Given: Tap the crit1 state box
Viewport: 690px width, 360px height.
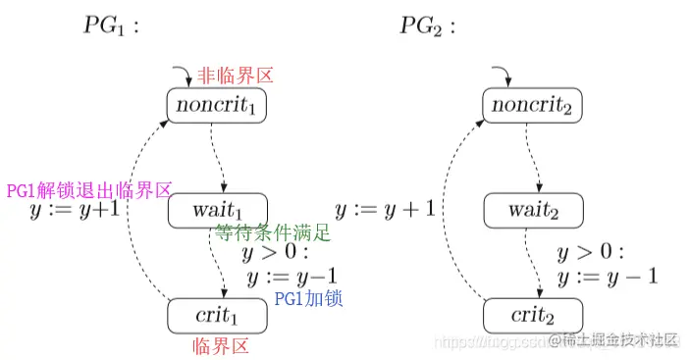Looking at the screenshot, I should [216, 316].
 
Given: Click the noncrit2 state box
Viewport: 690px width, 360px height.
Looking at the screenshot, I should [534, 106].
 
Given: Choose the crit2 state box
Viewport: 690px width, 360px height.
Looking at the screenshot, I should [534, 316].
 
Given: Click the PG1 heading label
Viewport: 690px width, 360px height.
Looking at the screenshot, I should [110, 26].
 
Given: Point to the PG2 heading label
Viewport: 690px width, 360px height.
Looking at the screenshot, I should [428, 26].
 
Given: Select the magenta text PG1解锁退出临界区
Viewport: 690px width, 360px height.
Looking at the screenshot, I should [89, 190].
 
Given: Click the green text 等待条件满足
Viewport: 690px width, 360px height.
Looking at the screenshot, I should [273, 233].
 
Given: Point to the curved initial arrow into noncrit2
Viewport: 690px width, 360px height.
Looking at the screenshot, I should [501, 74].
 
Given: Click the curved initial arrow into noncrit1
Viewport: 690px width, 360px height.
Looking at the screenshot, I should [183, 74].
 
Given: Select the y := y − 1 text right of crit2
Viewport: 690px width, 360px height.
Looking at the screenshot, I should [606, 278].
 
